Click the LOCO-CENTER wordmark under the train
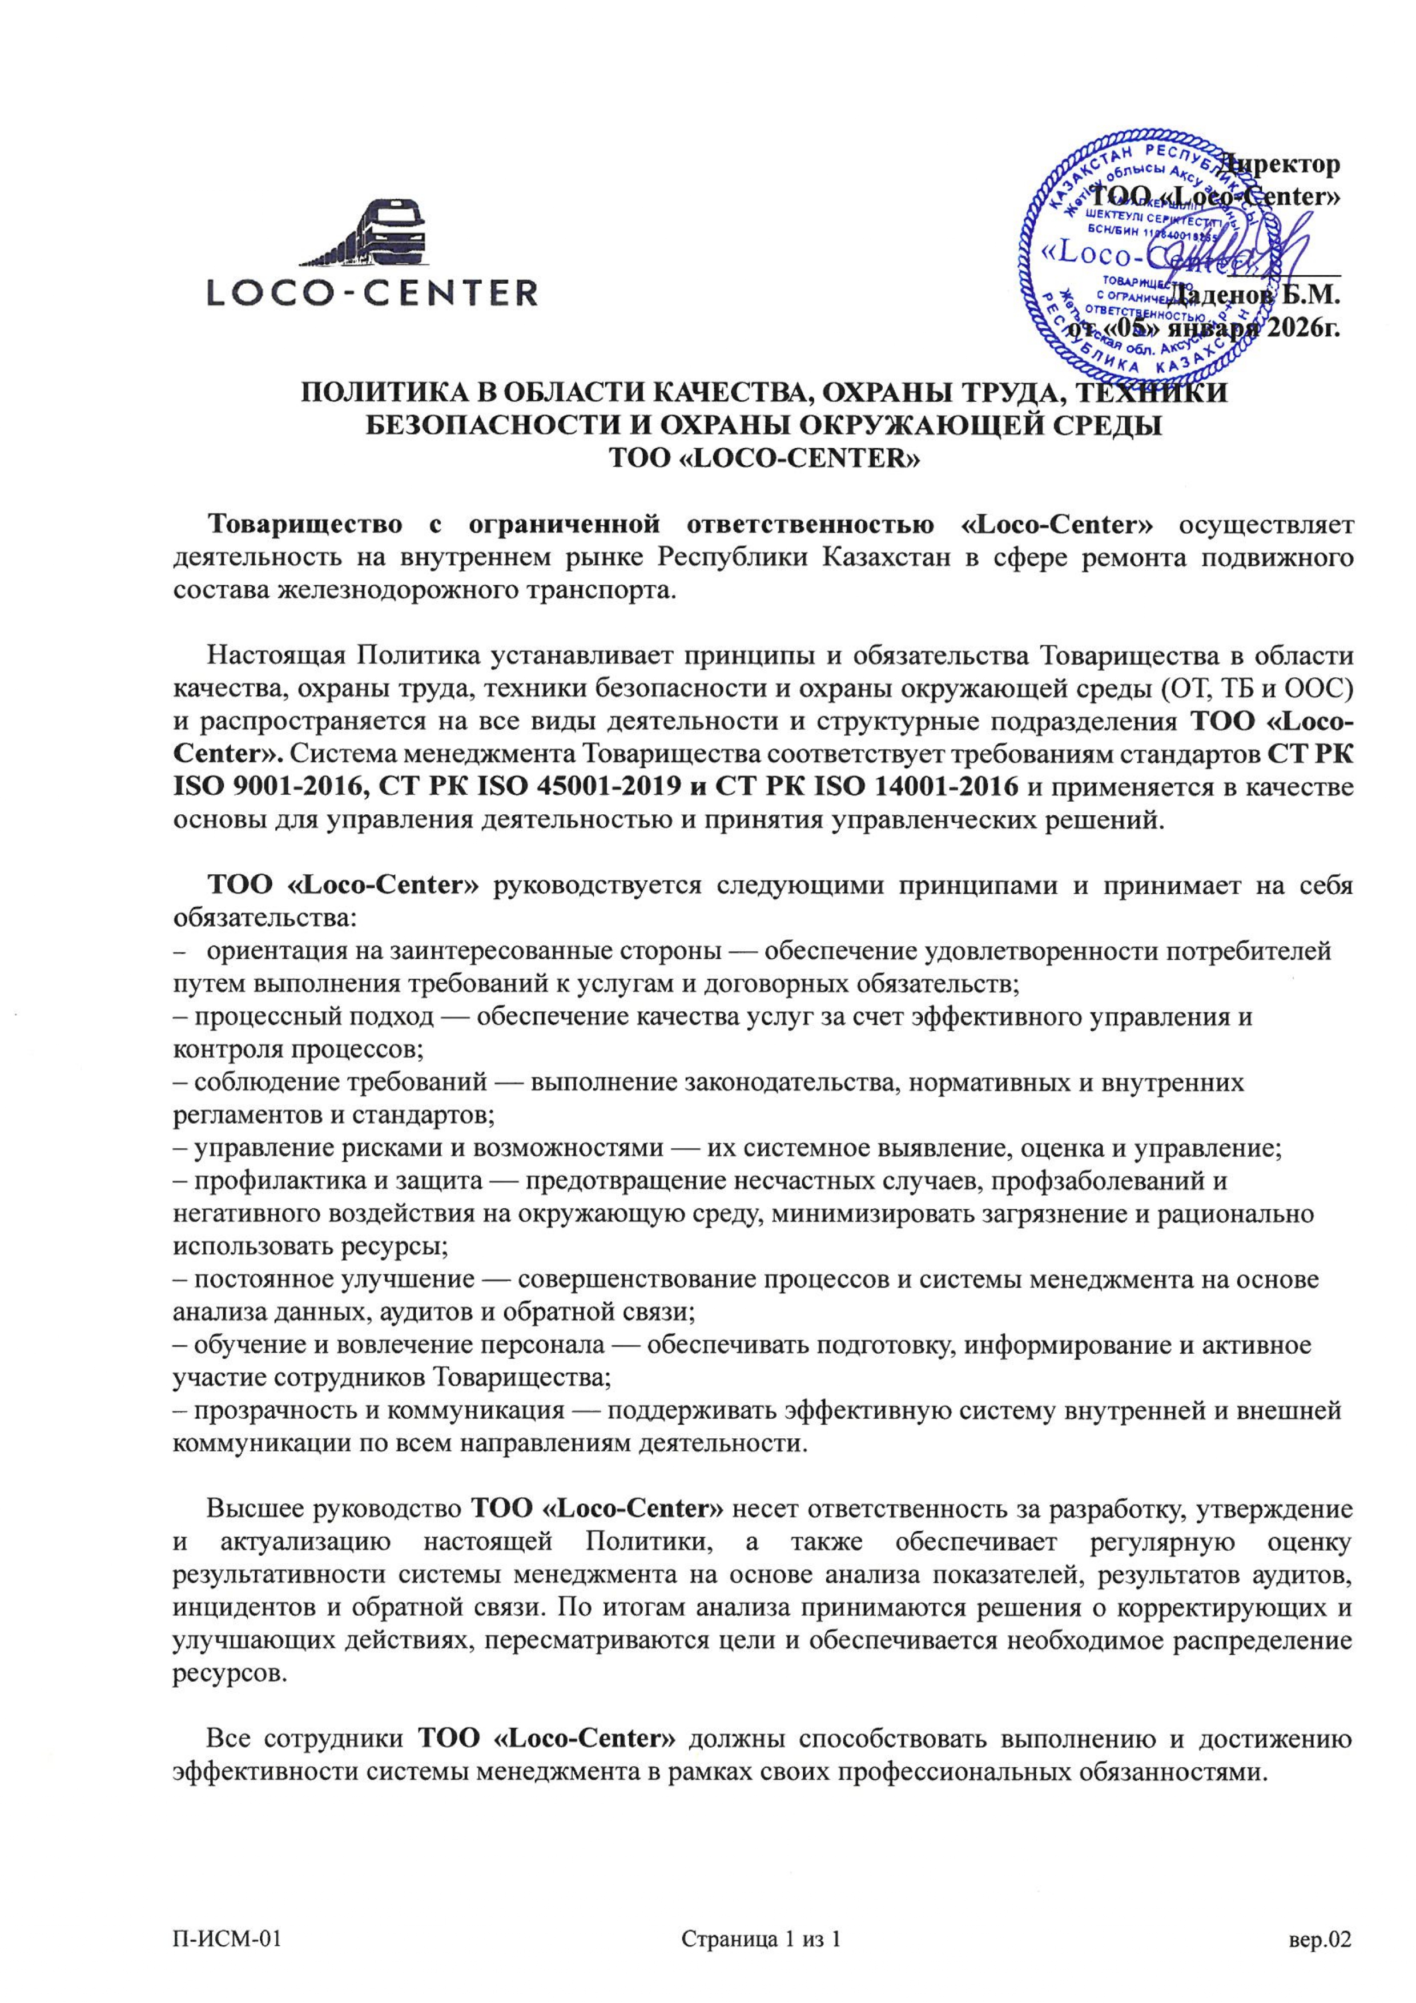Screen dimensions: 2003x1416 (372, 292)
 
